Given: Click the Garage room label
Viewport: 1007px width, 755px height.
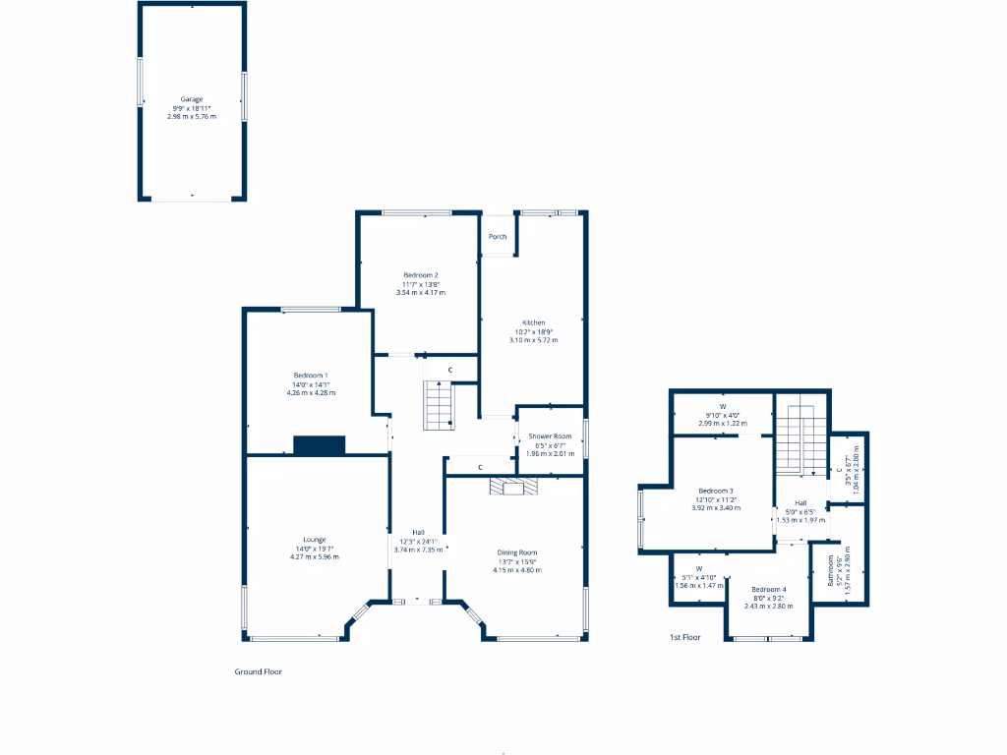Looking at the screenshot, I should [x=192, y=99].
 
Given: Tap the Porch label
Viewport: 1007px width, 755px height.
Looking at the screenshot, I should [x=498, y=236].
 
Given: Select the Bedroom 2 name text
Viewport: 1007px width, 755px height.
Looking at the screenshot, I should [x=420, y=275].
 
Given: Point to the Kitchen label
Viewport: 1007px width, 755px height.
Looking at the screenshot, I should [x=533, y=322].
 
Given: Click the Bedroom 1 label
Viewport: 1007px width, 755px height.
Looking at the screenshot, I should [x=311, y=376].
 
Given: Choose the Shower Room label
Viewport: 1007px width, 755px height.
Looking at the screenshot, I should [x=550, y=436].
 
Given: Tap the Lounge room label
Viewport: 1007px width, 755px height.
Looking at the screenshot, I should [x=314, y=539].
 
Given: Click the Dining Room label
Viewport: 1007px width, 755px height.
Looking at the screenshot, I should [x=517, y=552].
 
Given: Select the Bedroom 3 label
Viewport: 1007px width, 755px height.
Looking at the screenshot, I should [x=716, y=491].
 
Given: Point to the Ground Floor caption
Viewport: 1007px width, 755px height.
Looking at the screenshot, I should [x=259, y=672].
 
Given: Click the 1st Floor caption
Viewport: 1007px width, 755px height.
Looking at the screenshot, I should [x=684, y=638].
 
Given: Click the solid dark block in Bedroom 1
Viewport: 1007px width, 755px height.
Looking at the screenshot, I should [x=320, y=445].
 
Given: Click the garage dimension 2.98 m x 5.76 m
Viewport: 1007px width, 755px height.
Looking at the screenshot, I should [x=192, y=116].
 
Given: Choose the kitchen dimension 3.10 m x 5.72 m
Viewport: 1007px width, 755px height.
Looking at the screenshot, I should [x=533, y=340].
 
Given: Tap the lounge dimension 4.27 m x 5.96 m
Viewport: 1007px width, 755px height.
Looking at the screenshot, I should [x=314, y=556].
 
